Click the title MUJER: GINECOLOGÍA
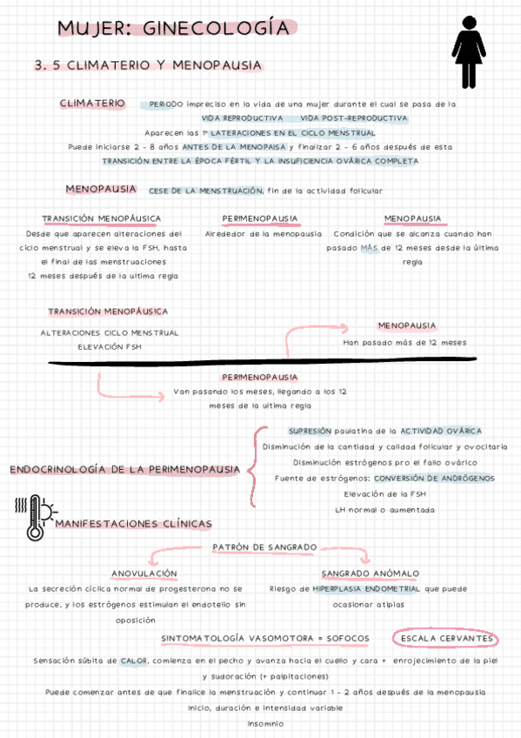coord(173,29)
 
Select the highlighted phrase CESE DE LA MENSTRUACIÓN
coord(206,191)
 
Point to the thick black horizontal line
coord(261,360)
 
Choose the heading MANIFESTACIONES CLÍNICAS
coord(133,524)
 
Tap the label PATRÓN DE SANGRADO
coord(264,547)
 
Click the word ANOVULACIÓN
coord(144,574)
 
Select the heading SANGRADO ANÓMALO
coord(370,574)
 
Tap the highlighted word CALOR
coord(134,661)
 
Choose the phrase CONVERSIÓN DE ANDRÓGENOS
coord(434,478)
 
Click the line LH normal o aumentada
coord(384,509)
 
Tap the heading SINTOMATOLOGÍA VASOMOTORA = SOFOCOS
coord(264,639)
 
